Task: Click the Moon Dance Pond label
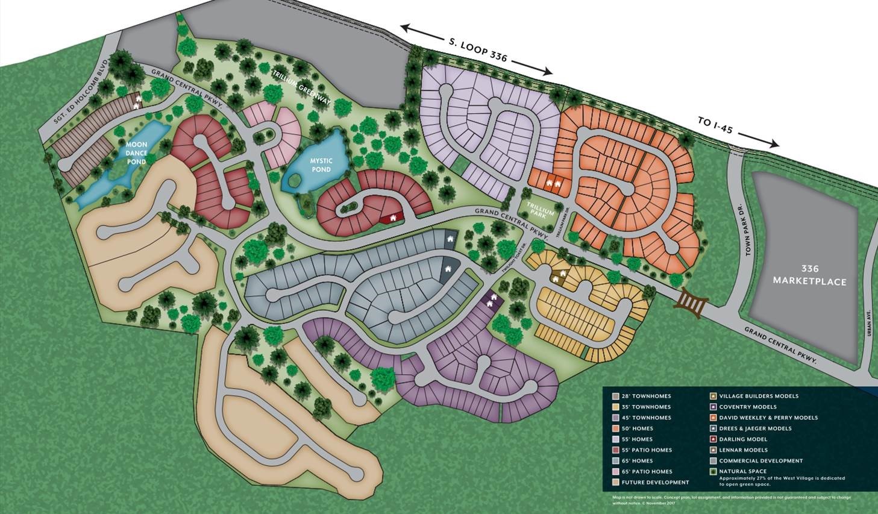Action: click(x=137, y=153)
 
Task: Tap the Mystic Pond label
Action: click(x=321, y=165)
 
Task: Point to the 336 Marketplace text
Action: click(x=809, y=275)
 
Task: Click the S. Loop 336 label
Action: click(x=478, y=50)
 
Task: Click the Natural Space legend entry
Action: click(x=743, y=471)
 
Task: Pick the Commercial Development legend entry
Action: click(x=761, y=460)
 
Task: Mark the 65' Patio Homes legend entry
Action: click(x=647, y=471)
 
